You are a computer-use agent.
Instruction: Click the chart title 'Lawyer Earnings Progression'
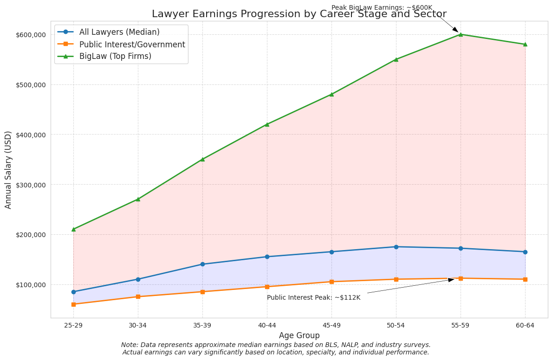click(x=299, y=14)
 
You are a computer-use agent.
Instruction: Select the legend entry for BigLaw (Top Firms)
click(x=115, y=57)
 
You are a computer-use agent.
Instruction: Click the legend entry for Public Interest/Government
click(x=132, y=45)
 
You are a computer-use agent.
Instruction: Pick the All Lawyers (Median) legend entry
click(x=119, y=32)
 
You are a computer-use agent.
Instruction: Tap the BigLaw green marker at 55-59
click(x=461, y=34)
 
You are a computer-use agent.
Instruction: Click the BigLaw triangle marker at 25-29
click(x=73, y=229)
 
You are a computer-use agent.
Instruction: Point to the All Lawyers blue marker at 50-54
click(x=396, y=247)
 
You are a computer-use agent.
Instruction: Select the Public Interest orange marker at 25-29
click(x=73, y=304)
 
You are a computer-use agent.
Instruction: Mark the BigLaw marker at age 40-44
click(x=267, y=124)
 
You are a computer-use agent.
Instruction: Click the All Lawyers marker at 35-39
click(x=202, y=264)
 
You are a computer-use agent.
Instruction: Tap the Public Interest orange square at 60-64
click(x=525, y=279)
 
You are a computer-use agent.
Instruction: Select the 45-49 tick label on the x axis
click(x=331, y=326)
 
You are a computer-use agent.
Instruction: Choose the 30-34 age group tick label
click(x=138, y=326)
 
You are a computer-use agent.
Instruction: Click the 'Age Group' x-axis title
click(x=299, y=336)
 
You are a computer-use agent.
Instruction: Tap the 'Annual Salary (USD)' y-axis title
click(x=8, y=170)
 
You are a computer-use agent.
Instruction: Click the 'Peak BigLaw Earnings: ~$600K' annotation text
click(x=382, y=8)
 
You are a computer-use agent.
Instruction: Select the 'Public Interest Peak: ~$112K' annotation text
click(x=313, y=298)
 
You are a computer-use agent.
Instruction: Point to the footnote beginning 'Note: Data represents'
click(x=276, y=348)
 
